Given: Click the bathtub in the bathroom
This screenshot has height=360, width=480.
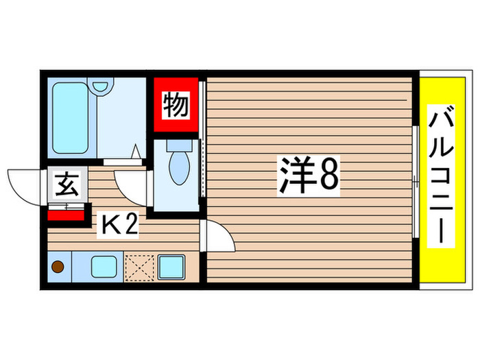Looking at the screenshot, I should click(x=71, y=118).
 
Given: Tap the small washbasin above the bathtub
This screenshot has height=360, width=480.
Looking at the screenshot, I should click(x=101, y=87).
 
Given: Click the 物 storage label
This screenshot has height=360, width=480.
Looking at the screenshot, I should click(x=176, y=106).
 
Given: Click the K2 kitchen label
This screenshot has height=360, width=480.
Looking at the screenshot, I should click(x=120, y=224).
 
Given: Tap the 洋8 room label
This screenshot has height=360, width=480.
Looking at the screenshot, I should click(x=308, y=176).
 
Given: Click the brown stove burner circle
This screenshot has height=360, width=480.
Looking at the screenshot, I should click(x=59, y=267).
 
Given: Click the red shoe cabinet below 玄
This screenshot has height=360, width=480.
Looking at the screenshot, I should click(x=66, y=215).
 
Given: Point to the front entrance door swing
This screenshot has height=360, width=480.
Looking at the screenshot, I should click(x=25, y=187).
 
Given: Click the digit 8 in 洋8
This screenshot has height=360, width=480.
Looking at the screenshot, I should click(x=327, y=176).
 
